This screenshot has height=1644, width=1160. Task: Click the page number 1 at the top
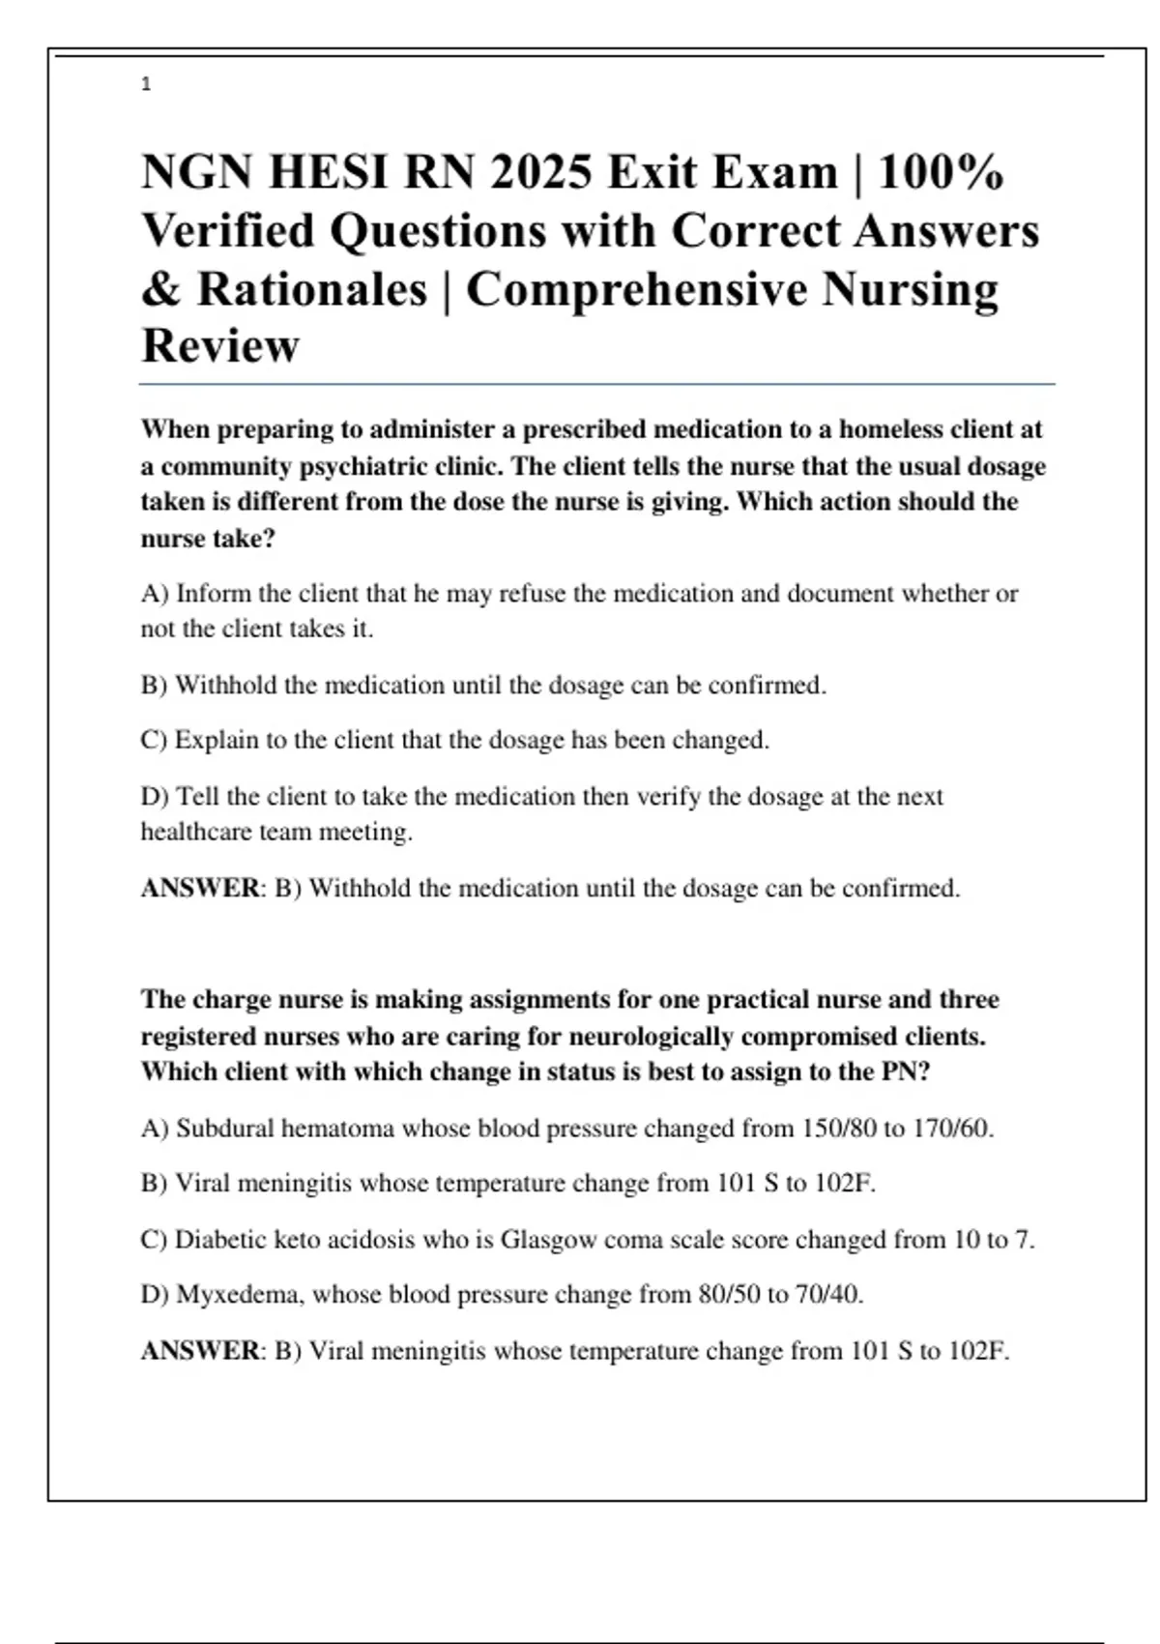146,85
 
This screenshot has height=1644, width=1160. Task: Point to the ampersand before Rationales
161,289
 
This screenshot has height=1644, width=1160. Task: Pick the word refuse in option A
532,593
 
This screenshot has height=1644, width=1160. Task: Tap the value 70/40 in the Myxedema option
828,1295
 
